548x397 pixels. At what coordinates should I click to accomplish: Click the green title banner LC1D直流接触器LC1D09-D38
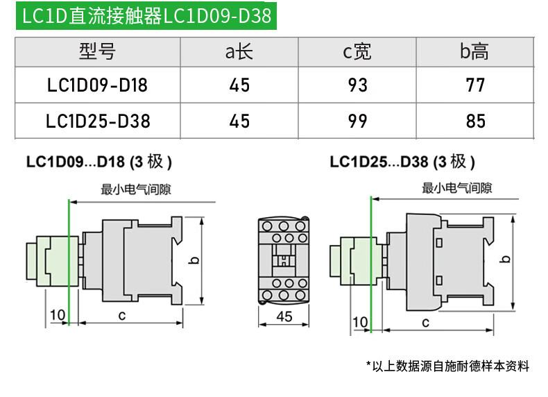click(146, 16)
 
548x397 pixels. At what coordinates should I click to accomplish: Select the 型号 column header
click(97, 51)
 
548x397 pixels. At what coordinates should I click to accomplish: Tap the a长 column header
click(239, 51)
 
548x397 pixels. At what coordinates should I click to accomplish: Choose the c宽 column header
click(357, 51)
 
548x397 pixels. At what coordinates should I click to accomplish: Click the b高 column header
click(474, 51)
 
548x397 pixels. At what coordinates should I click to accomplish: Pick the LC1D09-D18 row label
click(97, 85)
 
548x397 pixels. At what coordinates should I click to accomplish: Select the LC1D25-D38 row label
click(98, 121)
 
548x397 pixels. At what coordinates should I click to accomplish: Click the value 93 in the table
click(357, 85)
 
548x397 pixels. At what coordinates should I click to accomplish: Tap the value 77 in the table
click(475, 85)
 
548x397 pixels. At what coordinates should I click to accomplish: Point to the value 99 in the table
click(357, 121)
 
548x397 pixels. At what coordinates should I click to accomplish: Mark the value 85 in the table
click(475, 121)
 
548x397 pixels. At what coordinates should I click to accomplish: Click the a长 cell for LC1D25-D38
click(239, 121)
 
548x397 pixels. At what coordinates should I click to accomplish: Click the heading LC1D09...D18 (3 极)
click(99, 162)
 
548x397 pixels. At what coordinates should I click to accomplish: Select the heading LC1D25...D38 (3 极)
click(402, 162)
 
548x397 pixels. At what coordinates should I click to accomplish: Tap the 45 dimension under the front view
click(284, 316)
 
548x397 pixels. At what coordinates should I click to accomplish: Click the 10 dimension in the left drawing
click(58, 315)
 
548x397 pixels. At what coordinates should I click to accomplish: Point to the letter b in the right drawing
click(506, 259)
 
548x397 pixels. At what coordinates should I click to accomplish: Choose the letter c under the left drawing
click(121, 316)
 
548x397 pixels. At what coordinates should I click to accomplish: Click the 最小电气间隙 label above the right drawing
click(457, 188)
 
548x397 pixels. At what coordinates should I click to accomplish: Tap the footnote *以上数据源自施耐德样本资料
click(447, 366)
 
